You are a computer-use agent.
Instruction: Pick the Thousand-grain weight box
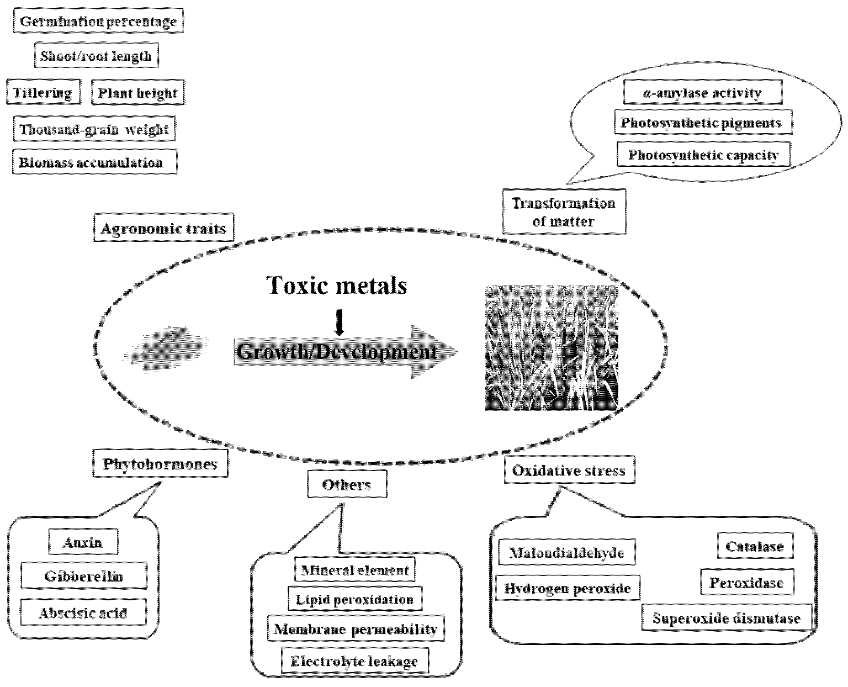pyautogui.click(x=94, y=129)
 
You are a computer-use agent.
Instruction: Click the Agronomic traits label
pyautogui.click(x=163, y=228)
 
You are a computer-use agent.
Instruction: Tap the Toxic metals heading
pyautogui.click(x=337, y=285)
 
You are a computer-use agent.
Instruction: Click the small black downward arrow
pyautogui.click(x=339, y=323)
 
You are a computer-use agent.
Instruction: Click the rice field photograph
pyautogui.click(x=552, y=347)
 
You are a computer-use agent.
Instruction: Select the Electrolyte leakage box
pyautogui.click(x=354, y=661)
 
